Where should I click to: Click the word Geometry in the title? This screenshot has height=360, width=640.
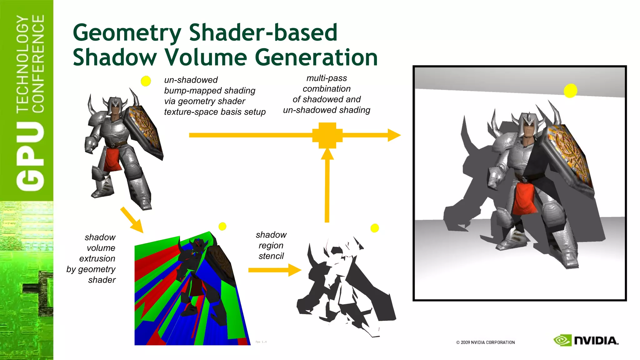pyautogui.click(x=127, y=33)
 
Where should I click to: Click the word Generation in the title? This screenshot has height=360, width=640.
pyautogui.click(x=316, y=58)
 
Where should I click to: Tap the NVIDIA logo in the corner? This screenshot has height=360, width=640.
pyautogui.click(x=586, y=340)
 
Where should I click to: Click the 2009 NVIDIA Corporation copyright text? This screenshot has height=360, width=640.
pyautogui.click(x=485, y=342)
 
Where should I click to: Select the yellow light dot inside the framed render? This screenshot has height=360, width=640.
pyautogui.click(x=570, y=91)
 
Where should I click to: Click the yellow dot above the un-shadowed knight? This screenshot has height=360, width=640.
pyautogui.click(x=146, y=81)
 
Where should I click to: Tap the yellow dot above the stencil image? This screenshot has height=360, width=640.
pyautogui.click(x=374, y=228)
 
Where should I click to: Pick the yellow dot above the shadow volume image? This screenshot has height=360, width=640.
pyautogui.click(x=222, y=226)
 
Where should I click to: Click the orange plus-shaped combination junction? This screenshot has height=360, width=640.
pyautogui.click(x=327, y=135)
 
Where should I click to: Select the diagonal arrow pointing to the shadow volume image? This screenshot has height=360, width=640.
pyautogui.click(x=131, y=220)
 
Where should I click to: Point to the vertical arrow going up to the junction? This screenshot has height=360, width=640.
pyautogui.click(x=327, y=187)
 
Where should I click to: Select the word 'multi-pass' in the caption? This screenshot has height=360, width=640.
pyautogui.click(x=327, y=78)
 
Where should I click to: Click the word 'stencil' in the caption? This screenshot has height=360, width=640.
pyautogui.click(x=271, y=256)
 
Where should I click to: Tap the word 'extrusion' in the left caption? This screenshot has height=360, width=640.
pyautogui.click(x=97, y=259)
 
